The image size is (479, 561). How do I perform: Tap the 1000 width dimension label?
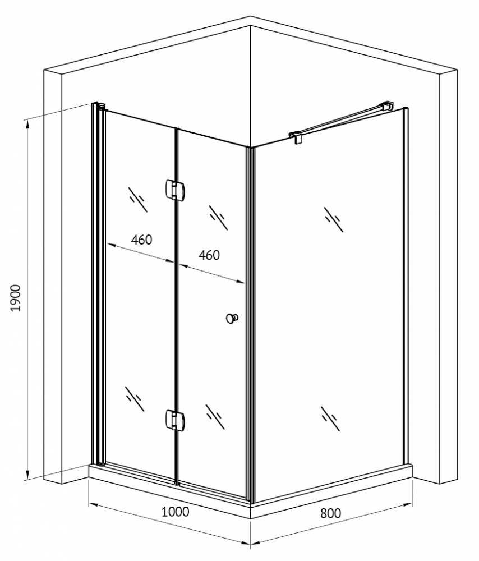click(x=176, y=512)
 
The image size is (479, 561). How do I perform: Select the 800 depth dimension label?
click(x=330, y=513)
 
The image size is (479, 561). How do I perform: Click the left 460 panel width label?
click(x=141, y=240)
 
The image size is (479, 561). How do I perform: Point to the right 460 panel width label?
click(x=209, y=255)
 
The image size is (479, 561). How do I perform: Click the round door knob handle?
click(x=232, y=318)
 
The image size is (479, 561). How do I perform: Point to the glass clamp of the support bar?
click(x=297, y=136)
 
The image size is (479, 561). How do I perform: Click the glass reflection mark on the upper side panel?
click(x=334, y=219)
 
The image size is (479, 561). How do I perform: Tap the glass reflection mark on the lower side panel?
click(x=330, y=419)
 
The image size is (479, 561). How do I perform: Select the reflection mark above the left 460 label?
click(x=138, y=199)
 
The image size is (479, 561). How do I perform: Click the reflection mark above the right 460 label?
click(x=218, y=218)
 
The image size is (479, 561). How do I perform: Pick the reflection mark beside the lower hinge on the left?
click(x=135, y=398)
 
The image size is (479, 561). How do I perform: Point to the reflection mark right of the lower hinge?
click(x=216, y=417)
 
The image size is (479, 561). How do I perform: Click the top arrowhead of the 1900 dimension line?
click(x=26, y=123)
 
